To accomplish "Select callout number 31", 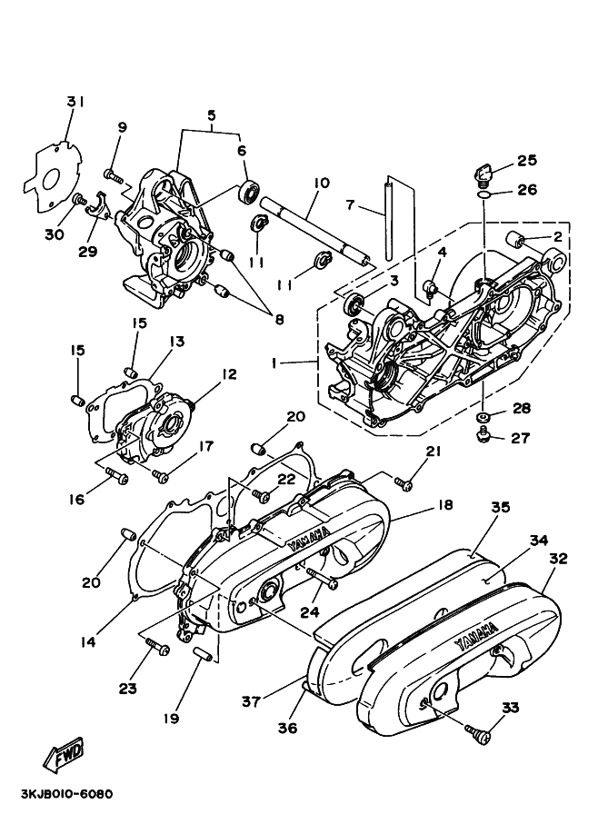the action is point(75,102).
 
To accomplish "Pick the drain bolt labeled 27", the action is point(482,436).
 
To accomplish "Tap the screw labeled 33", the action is point(477,733).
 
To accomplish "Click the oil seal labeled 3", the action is point(354,303).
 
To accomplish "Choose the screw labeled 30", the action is point(79,200).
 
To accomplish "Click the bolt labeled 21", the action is point(404,483).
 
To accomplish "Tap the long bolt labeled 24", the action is point(321,578).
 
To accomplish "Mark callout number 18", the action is point(444,505).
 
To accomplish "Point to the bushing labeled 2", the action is point(516,240).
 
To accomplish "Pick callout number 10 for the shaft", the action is point(322,183).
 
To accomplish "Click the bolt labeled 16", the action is point(116,475).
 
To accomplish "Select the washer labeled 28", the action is point(482,417).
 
